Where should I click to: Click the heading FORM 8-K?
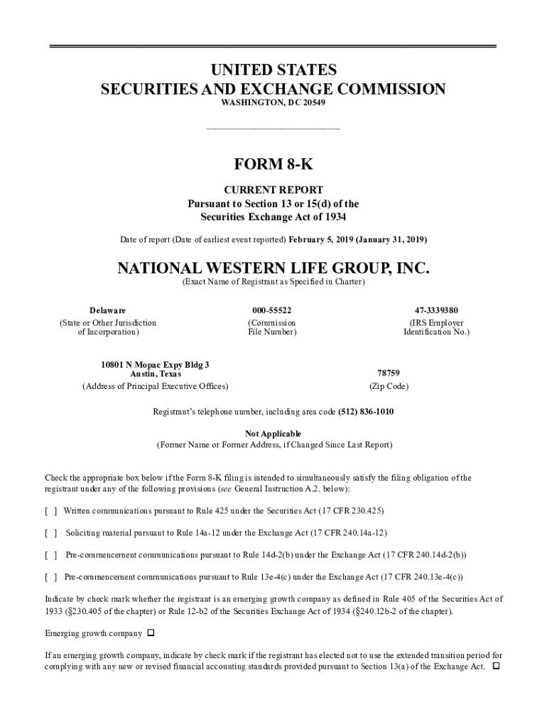273,165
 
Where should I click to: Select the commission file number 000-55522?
271,310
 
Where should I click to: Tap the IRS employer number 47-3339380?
436,310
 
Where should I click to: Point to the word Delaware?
108,310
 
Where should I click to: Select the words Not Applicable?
273,433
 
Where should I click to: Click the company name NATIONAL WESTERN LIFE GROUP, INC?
273,269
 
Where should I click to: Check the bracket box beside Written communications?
51,511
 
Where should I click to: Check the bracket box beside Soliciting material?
51,532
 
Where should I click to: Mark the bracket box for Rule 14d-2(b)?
51,554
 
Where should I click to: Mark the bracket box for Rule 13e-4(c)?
51,577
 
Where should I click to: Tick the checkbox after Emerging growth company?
151,633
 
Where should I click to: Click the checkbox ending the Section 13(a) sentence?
496,667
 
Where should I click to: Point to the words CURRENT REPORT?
273,190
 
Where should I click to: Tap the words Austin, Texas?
156,373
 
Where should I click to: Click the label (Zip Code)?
389,387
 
